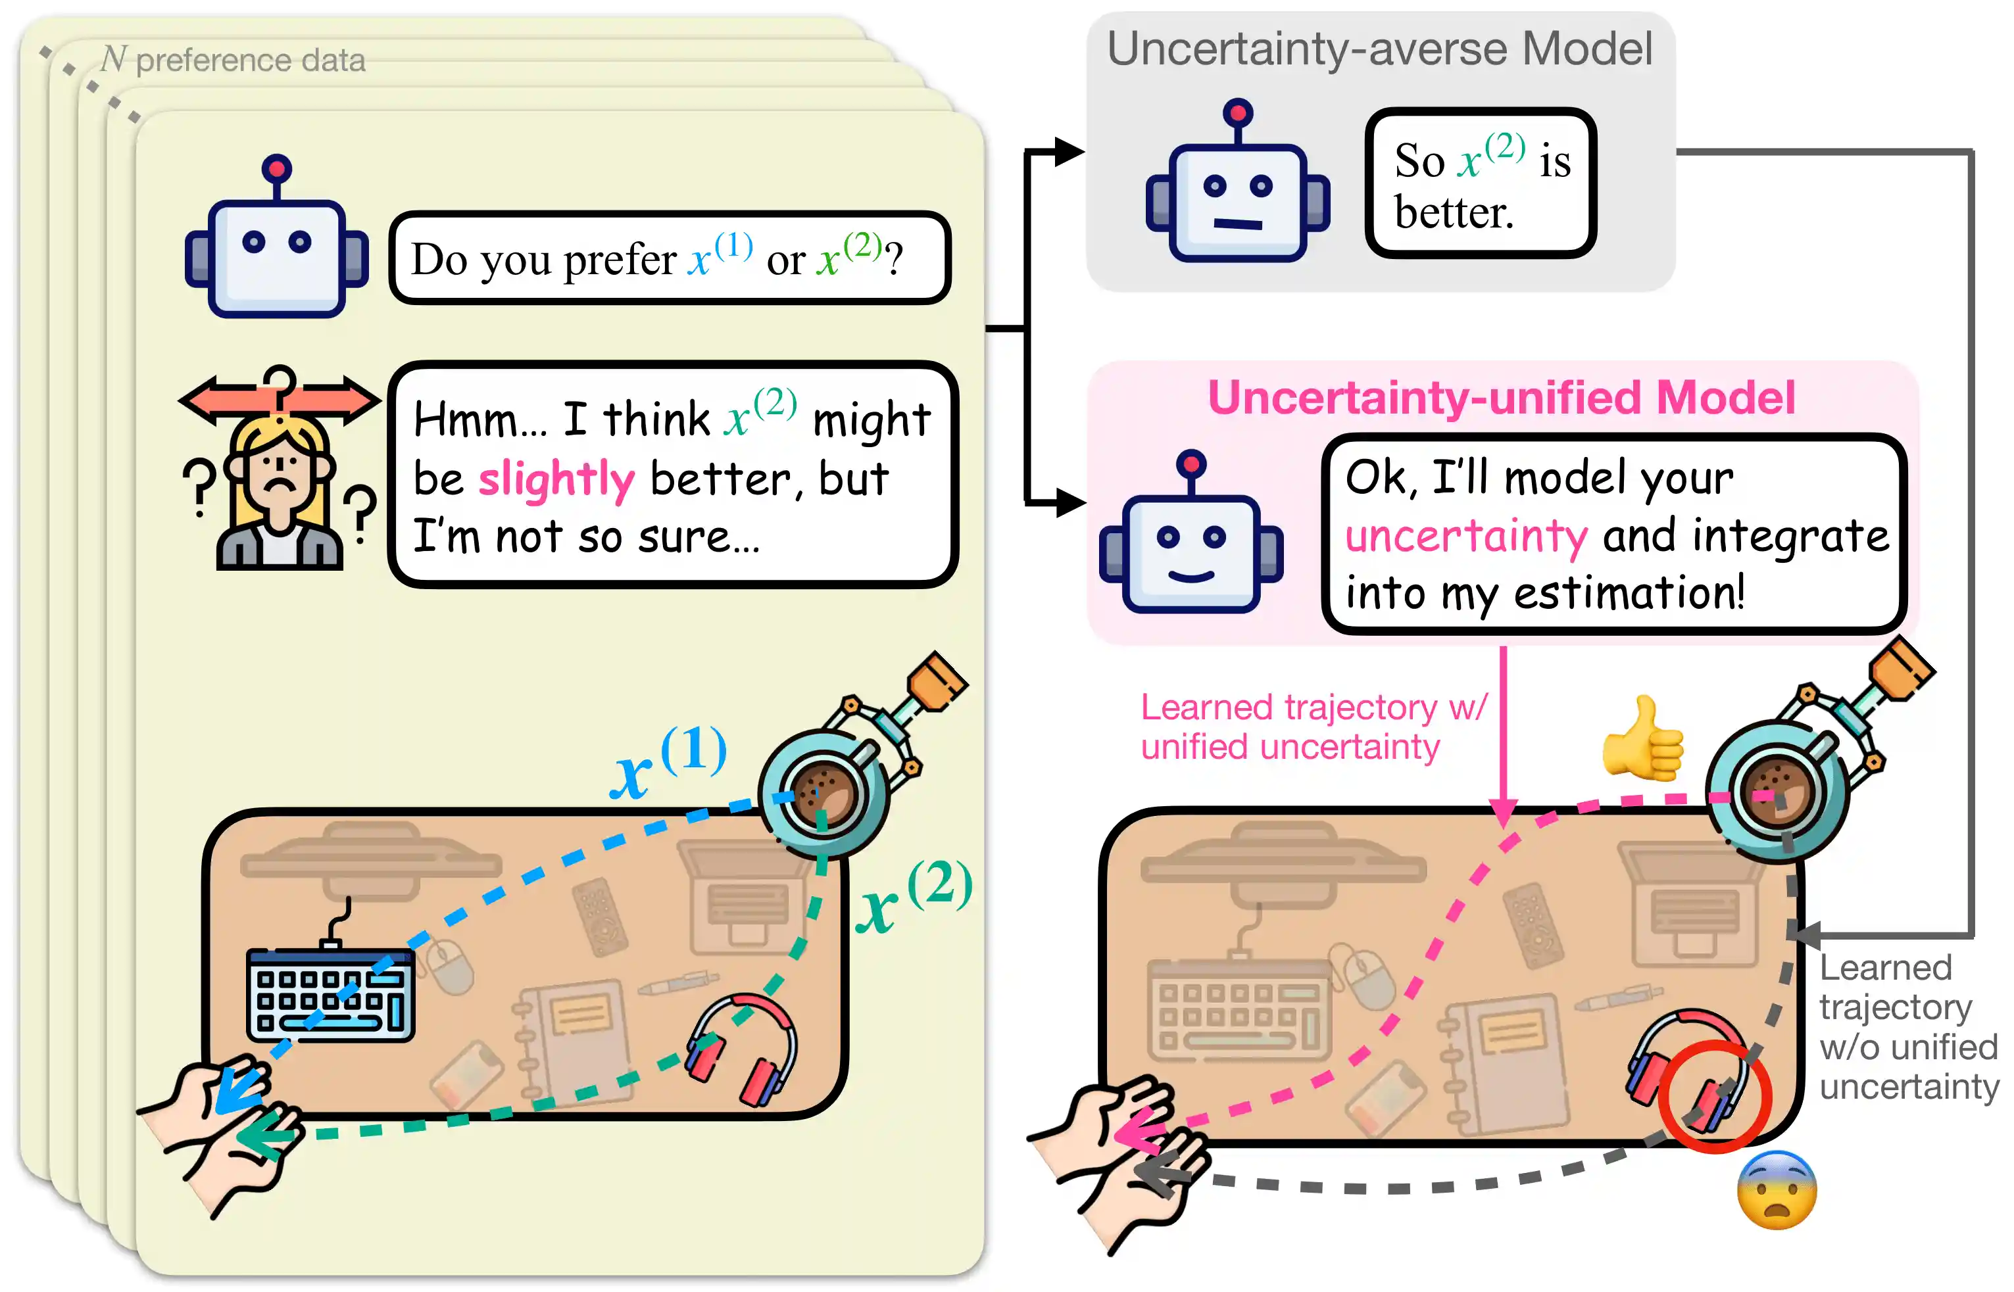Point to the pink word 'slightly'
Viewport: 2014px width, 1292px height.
(556, 480)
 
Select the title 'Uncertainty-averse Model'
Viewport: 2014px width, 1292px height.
(1379, 49)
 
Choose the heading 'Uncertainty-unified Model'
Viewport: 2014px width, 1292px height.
(1500, 397)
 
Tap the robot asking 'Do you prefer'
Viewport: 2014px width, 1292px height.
(276, 243)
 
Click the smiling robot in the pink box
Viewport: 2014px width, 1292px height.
(1191, 538)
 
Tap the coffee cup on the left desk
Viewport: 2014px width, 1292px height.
(823, 793)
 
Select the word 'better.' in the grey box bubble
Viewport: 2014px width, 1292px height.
(1454, 212)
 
